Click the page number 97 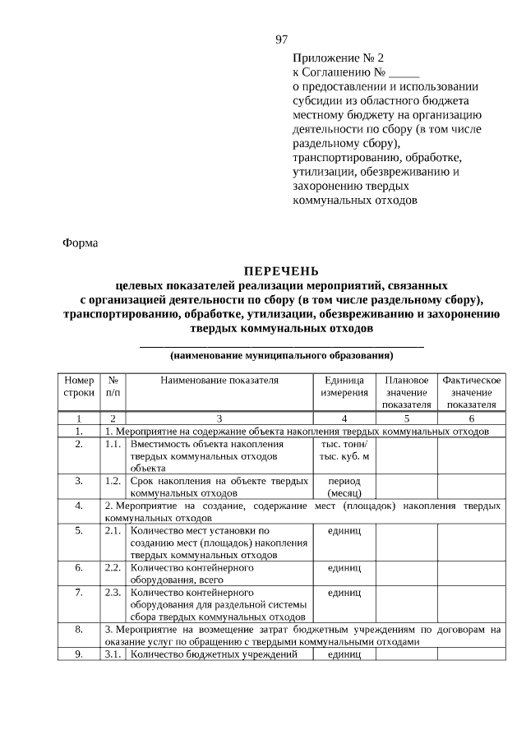tap(282, 39)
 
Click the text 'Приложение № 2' tap(338, 58)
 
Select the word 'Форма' tap(80, 243)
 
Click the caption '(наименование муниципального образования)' tap(281, 356)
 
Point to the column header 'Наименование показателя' tap(219, 381)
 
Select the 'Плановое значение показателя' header tap(406, 392)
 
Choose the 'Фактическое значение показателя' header tap(471, 392)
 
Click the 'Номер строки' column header tap(79, 386)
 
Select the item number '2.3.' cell tap(113, 591)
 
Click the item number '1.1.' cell tap(113, 444)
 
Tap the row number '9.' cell tap(79, 654)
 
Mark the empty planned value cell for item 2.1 tap(406, 543)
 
